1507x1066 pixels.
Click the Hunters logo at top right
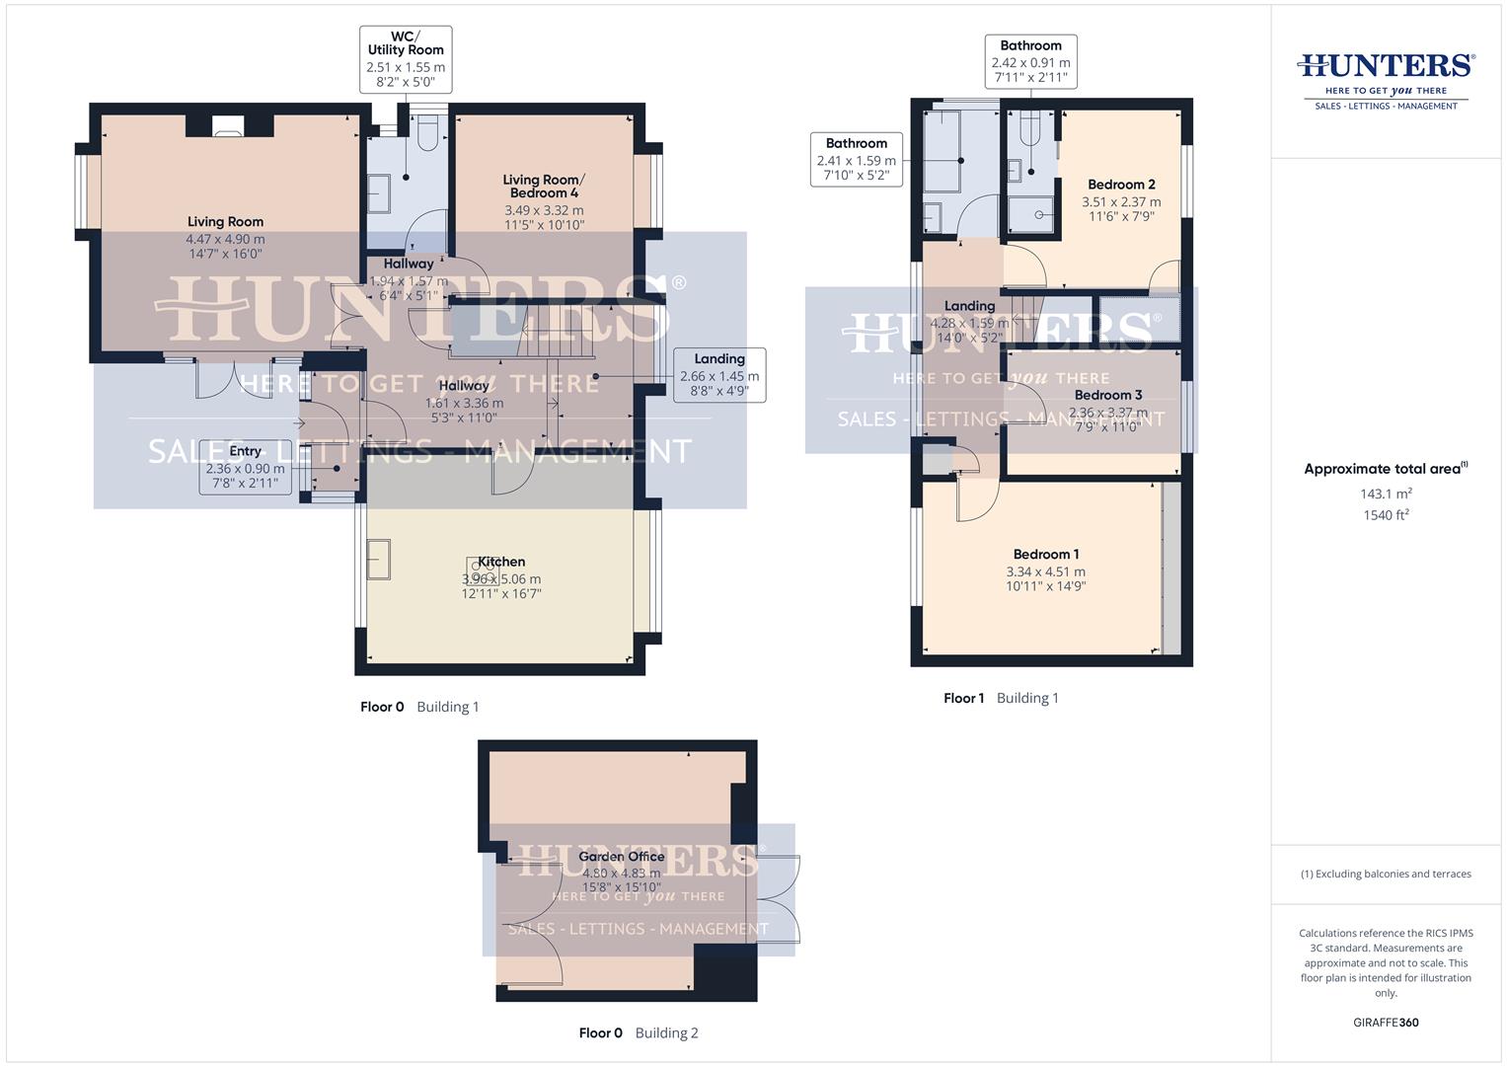pos(1386,79)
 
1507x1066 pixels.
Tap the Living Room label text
pos(225,222)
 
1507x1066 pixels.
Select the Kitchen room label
pos(501,562)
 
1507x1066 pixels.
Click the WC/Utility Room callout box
pos(406,59)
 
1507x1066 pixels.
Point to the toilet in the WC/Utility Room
pos(427,132)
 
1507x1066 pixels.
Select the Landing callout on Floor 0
pos(718,374)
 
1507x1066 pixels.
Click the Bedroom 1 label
pos(1045,555)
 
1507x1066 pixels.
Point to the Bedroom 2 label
pos(1121,185)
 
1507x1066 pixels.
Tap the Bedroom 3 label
pos(1108,395)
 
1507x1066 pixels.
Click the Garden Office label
pos(622,857)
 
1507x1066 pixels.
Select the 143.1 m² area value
pos(1386,494)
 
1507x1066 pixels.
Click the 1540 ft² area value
pos(1386,515)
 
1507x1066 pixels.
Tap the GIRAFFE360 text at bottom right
pos(1386,1023)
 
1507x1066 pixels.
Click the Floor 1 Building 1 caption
pos(1001,698)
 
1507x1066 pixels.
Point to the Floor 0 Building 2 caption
pos(639,1033)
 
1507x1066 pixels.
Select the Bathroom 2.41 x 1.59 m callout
pos(857,160)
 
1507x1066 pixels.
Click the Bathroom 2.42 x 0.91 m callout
pos(1030,61)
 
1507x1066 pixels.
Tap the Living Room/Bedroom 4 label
pos(544,187)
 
